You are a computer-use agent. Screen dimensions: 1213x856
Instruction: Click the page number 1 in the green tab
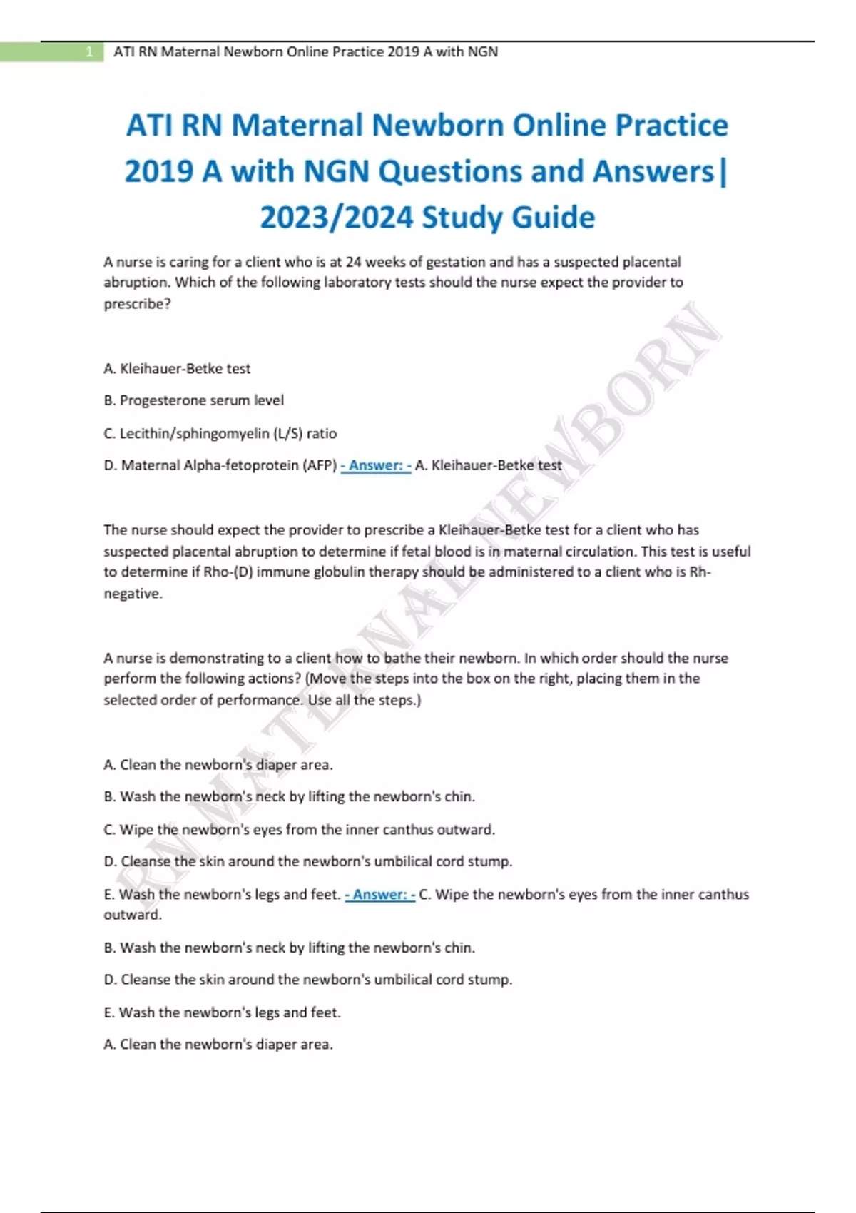(x=89, y=52)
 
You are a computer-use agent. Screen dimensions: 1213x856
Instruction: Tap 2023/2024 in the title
(x=336, y=218)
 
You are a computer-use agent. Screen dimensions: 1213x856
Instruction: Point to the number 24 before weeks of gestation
(x=353, y=262)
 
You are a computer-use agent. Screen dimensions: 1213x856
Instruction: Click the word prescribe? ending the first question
(x=137, y=304)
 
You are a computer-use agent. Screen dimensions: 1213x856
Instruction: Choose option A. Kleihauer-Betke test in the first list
(x=177, y=369)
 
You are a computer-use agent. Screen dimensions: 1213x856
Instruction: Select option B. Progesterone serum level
(x=194, y=400)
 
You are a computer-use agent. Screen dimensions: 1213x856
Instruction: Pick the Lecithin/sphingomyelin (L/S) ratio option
(x=220, y=433)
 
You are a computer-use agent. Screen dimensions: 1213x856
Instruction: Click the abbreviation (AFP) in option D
(x=320, y=465)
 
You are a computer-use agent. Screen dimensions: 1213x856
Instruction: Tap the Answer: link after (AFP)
(x=376, y=466)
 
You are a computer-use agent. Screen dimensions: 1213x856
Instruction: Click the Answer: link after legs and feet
(x=379, y=895)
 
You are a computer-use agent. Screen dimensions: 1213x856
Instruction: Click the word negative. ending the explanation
(x=133, y=594)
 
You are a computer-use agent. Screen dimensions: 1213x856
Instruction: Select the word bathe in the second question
(x=403, y=658)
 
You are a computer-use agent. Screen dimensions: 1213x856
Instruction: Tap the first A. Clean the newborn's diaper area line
(x=218, y=765)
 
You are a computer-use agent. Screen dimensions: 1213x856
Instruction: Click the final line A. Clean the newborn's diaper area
(x=218, y=1045)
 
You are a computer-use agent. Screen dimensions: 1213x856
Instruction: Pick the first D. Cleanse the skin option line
(x=307, y=861)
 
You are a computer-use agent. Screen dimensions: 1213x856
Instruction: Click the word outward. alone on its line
(x=133, y=915)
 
